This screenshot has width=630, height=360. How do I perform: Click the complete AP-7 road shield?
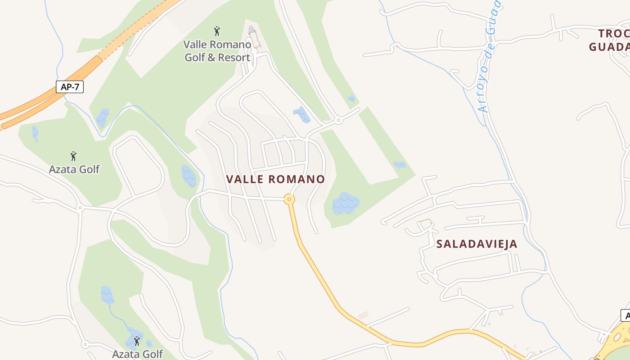pos(70,87)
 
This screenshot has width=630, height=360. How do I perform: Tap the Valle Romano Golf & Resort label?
pos(217,51)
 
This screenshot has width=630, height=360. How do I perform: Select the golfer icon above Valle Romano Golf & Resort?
pos(217,31)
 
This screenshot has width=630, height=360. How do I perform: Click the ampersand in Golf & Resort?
pos(211,58)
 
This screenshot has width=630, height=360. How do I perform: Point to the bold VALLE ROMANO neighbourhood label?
pos(275,179)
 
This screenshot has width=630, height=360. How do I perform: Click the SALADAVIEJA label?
pos(477,244)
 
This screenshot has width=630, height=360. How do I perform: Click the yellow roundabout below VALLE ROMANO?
pos(289,199)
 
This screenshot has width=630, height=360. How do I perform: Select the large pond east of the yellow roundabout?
pos(345,203)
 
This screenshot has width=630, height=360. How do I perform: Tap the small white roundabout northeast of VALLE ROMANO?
pos(338,120)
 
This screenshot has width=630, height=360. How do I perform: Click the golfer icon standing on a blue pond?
pos(137,341)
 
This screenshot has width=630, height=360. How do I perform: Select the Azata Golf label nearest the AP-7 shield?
pos(74,169)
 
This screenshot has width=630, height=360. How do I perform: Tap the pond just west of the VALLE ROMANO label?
pos(189,175)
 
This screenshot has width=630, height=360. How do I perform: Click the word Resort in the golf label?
pos(234,58)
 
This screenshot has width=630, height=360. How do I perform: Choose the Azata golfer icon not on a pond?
pos(73,156)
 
